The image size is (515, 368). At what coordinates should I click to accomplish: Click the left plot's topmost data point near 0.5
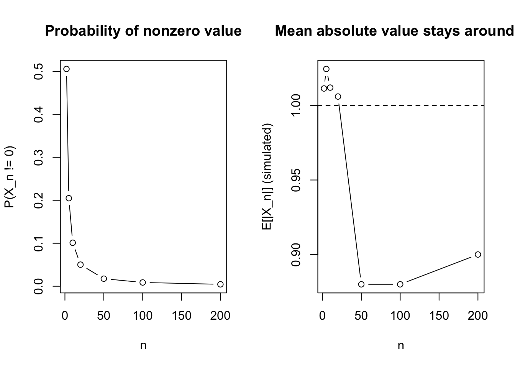click(66, 69)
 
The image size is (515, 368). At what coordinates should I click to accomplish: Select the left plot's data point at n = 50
click(104, 279)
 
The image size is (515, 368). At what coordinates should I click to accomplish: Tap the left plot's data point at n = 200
click(220, 284)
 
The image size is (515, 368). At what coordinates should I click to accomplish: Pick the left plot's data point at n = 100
click(143, 283)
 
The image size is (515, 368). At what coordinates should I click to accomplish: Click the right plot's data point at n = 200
click(478, 255)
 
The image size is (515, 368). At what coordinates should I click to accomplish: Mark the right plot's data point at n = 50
click(361, 284)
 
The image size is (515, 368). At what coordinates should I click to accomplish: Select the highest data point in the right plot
click(326, 69)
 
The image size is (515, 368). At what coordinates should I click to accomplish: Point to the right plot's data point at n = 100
click(400, 284)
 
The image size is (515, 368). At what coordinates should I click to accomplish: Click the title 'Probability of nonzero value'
click(143, 31)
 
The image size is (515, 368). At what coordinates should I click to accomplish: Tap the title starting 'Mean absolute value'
click(395, 31)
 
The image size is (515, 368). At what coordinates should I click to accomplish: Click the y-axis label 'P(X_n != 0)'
click(10, 177)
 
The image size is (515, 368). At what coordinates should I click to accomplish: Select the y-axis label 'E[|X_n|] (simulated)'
click(267, 177)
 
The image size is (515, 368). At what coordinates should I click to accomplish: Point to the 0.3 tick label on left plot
click(38, 157)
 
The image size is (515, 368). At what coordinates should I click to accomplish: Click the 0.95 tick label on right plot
click(296, 180)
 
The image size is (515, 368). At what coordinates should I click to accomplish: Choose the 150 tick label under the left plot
click(181, 316)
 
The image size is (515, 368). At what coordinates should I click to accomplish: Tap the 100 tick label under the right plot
click(400, 316)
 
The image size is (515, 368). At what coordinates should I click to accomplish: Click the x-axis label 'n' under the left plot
click(143, 346)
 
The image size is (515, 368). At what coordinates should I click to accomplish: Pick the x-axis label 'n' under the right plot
click(401, 346)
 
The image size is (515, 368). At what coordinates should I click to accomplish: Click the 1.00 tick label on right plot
click(296, 105)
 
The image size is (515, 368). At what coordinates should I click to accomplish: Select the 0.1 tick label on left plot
click(38, 243)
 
